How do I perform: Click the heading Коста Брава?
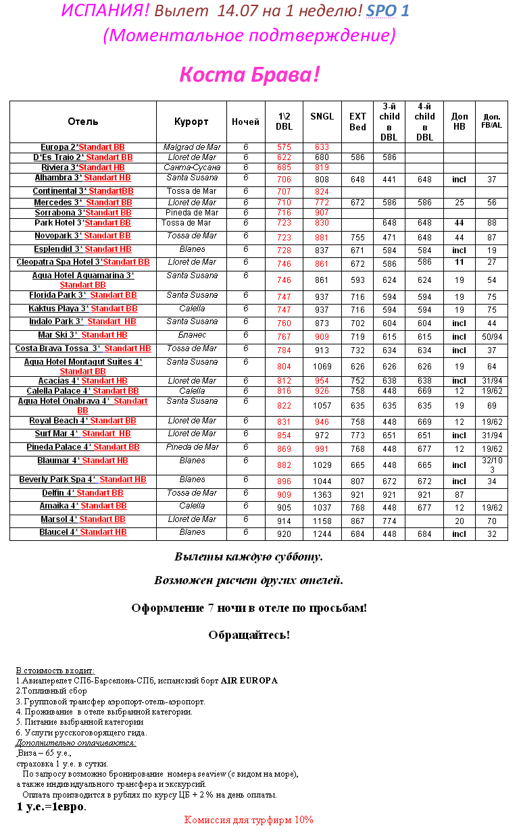coord(249,75)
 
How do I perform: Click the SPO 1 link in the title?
coord(387,11)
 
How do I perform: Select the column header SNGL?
coord(322,116)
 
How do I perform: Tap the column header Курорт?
coord(191,122)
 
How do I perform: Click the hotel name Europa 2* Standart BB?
coord(82,147)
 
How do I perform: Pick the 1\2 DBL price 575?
coord(284,147)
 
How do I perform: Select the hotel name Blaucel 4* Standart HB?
coord(82,532)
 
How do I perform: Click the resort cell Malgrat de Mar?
coord(191,147)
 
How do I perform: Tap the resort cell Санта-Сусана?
coord(191,167)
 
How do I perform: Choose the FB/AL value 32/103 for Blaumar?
coord(491,465)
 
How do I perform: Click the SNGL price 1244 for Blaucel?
coord(322,534)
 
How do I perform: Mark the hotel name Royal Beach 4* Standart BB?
coord(82,421)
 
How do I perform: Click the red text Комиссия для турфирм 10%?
coord(249,820)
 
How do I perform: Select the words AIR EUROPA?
coord(249,681)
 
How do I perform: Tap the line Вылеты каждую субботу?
coord(249,557)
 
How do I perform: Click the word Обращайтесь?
coord(249,635)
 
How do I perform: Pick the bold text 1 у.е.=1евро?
coord(51,807)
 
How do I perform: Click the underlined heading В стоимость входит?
coord(55,670)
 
